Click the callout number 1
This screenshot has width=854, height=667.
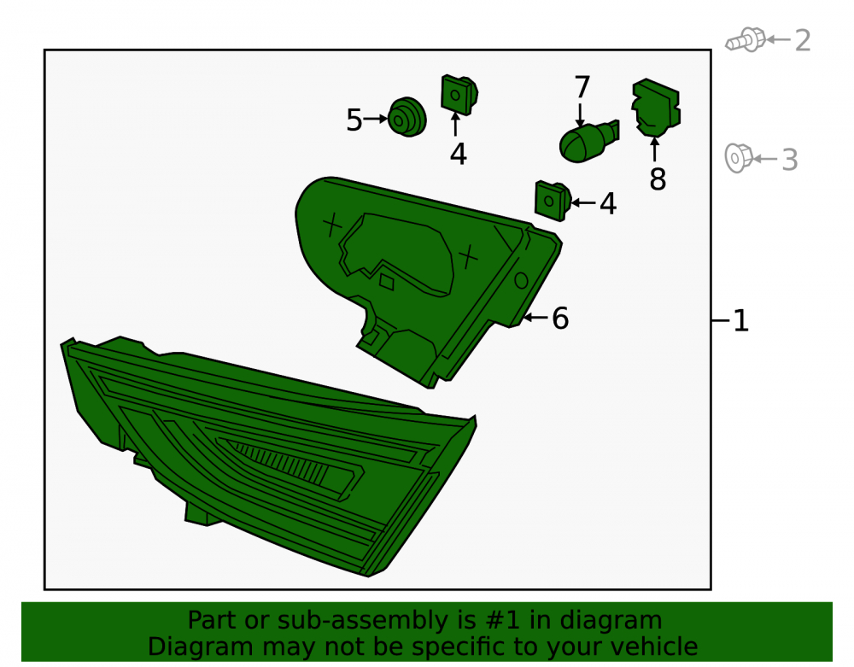(x=741, y=321)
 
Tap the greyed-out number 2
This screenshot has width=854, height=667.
(x=803, y=41)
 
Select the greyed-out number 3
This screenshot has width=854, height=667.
(x=790, y=160)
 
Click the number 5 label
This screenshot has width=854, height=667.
(x=354, y=120)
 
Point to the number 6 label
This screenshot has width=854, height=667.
(x=560, y=319)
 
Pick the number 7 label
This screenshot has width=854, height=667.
(x=582, y=87)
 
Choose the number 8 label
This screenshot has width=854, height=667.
(x=658, y=178)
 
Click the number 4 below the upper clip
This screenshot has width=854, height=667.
(x=458, y=154)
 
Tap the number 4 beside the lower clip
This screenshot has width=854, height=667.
(x=608, y=203)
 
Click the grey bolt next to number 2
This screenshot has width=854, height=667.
(x=745, y=40)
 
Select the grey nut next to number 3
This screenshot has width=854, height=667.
(x=739, y=159)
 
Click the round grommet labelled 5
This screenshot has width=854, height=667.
(x=407, y=117)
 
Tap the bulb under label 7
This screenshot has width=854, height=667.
(x=588, y=141)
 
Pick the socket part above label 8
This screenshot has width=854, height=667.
(x=656, y=108)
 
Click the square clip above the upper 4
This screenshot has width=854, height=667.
(x=459, y=95)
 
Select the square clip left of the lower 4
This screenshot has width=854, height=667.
(x=553, y=201)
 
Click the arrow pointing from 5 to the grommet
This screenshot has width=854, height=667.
(x=376, y=119)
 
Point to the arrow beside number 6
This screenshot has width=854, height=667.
(x=535, y=317)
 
